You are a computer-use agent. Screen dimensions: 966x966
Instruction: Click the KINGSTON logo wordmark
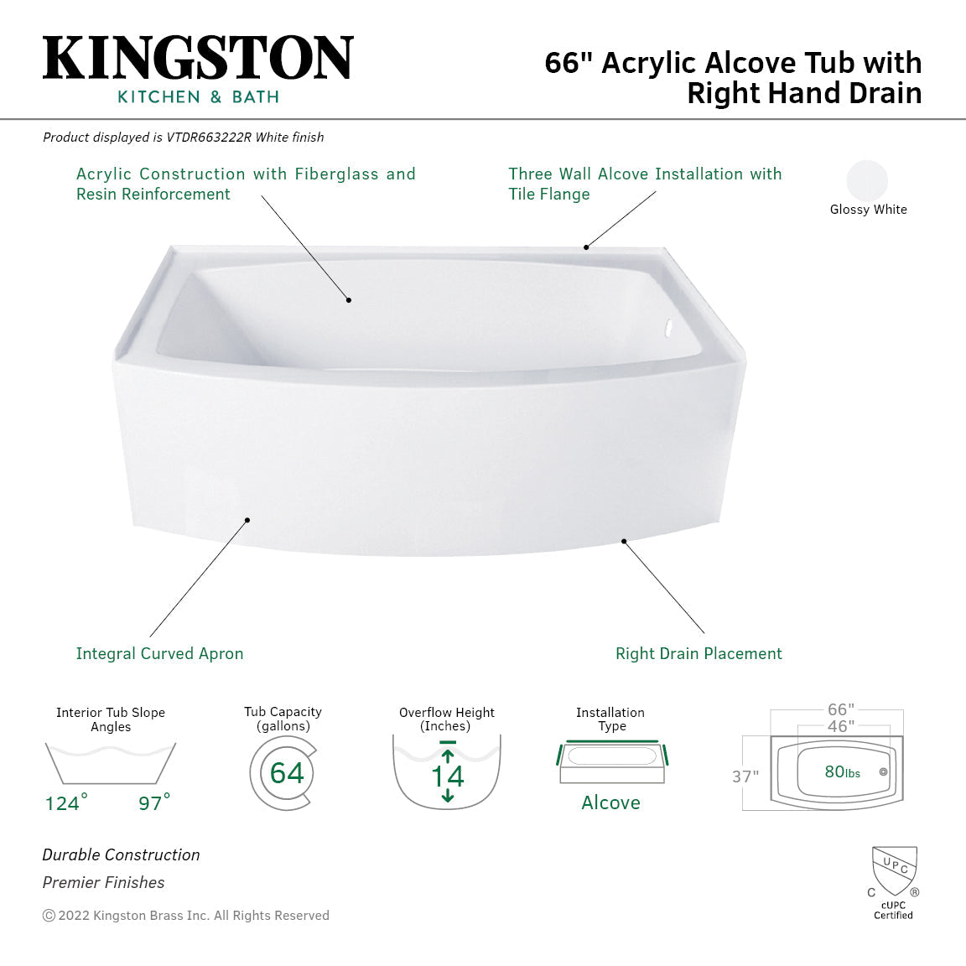[x=198, y=58]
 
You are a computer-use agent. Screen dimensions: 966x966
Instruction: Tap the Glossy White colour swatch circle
[x=867, y=180]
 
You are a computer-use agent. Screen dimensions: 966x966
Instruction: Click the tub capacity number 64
[x=287, y=772]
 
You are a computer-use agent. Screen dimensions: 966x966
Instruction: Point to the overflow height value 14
[x=447, y=776]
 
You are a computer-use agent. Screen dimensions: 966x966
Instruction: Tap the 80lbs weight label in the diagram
[x=842, y=772]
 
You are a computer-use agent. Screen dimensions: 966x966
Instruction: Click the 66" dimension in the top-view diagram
[x=840, y=710]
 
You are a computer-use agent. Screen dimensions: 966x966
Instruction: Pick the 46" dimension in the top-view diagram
[x=840, y=726]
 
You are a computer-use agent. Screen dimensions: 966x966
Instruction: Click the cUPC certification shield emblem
[x=894, y=871]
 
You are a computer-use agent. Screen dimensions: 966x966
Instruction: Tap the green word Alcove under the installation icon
[x=610, y=802]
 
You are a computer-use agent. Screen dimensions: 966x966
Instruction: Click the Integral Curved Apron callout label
[x=159, y=653]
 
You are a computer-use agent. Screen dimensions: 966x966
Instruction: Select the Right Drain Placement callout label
[x=699, y=653]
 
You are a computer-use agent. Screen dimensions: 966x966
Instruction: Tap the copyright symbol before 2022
[x=49, y=916]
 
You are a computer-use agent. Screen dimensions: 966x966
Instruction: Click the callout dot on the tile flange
[x=586, y=247]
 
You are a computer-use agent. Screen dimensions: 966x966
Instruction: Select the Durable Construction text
[x=122, y=854]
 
